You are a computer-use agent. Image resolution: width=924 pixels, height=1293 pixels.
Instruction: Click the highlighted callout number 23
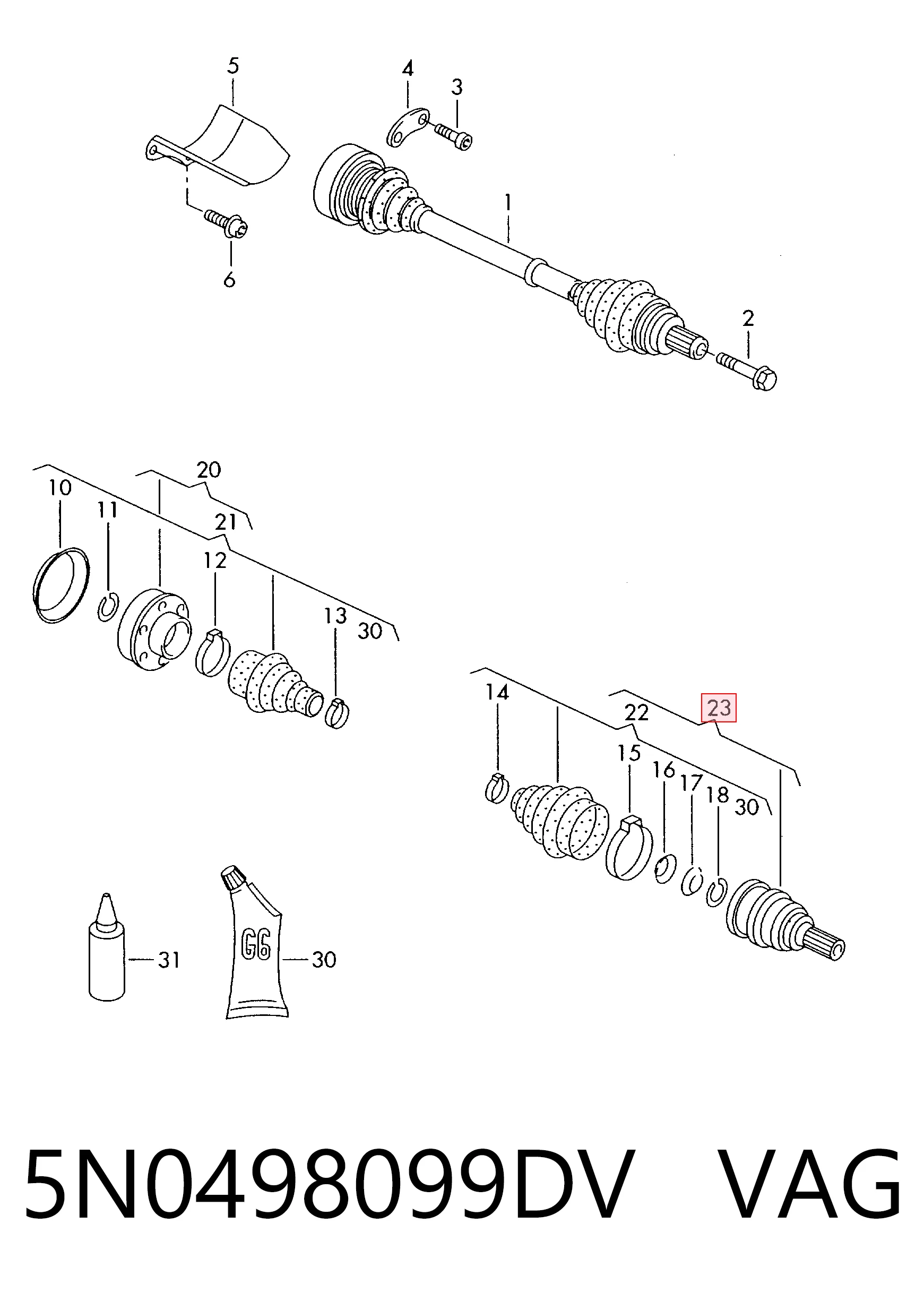(x=719, y=708)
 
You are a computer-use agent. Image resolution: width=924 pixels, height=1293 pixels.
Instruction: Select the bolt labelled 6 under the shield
(x=227, y=223)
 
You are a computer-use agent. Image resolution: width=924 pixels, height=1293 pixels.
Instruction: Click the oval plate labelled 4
(x=408, y=127)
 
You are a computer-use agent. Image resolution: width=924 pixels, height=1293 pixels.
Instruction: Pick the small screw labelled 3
(x=453, y=136)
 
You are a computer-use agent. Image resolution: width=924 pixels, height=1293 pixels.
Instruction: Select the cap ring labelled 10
(x=61, y=586)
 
